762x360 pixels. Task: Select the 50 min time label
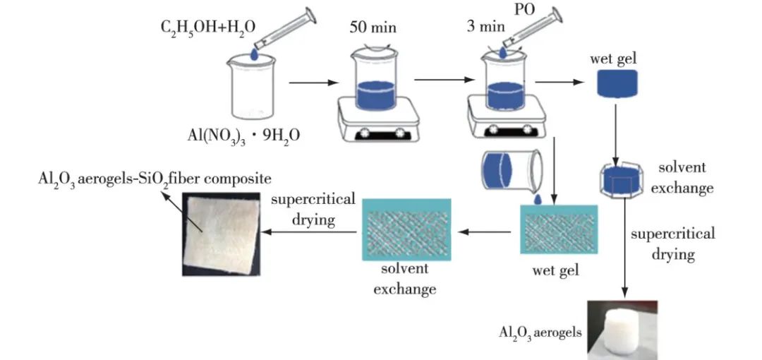pos(373,29)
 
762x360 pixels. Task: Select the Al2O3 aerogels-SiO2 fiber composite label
pos(155,177)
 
